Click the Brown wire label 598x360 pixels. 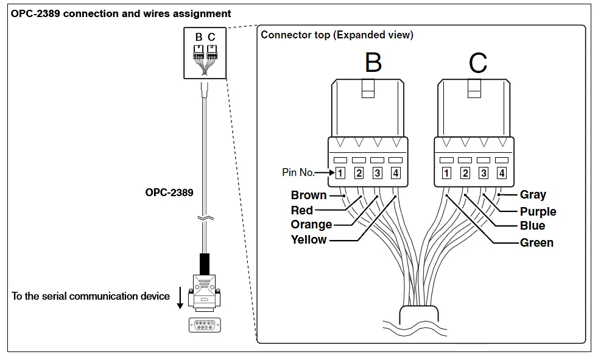(309, 196)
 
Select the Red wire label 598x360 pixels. (302, 210)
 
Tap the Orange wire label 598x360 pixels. (311, 225)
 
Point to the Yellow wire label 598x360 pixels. (309, 239)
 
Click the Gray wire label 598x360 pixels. (533, 195)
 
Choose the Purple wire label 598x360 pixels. (538, 211)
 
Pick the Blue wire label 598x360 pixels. (532, 225)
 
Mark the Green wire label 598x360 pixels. (536, 242)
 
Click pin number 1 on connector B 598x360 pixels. (340, 173)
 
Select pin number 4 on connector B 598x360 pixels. (396, 173)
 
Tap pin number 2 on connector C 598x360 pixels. (465, 173)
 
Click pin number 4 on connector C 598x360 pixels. (502, 173)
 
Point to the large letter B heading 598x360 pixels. (373, 62)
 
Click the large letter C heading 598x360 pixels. (478, 62)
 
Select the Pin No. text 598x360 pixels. (298, 173)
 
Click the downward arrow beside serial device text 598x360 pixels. (180, 297)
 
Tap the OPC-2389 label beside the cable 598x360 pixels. (169, 192)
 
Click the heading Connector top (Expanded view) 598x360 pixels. (337, 35)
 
